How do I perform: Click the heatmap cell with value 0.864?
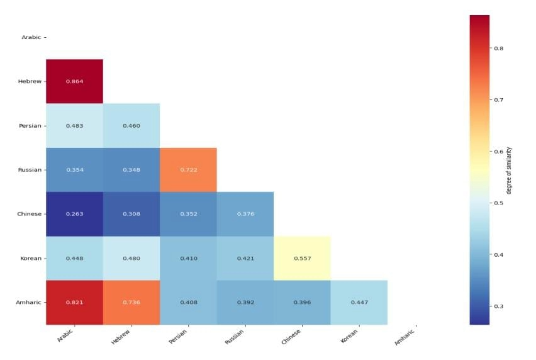pos(74,81)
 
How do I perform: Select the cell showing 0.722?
pos(188,170)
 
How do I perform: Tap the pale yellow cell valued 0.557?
pos(302,258)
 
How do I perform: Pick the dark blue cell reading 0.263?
pos(74,214)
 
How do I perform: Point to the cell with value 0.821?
pos(74,302)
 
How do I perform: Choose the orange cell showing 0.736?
pos(131,302)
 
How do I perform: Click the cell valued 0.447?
pos(359,302)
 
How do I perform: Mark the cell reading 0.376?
pos(245,214)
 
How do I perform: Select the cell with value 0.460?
pos(131,125)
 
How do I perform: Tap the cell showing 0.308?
pos(131,214)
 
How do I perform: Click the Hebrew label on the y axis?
pos(30,81)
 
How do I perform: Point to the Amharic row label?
pos(29,302)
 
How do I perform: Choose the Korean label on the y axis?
pos(30,258)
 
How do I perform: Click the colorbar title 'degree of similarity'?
pos(509,170)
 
